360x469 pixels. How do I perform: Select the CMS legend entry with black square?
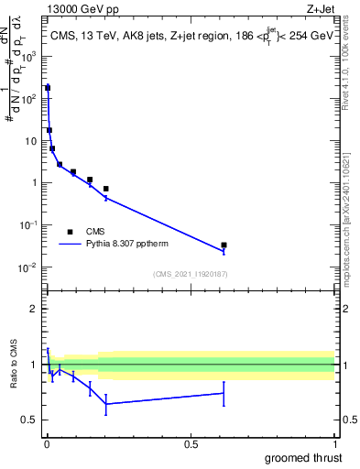(71, 232)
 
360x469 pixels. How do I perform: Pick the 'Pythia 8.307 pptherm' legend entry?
(129, 245)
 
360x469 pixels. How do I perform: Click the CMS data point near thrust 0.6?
(224, 245)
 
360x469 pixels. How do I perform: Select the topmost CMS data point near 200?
(48, 88)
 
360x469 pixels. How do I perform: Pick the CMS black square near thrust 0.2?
(106, 189)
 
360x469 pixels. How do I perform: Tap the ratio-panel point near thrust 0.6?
(224, 393)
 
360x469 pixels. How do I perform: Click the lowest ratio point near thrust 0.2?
(106, 404)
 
